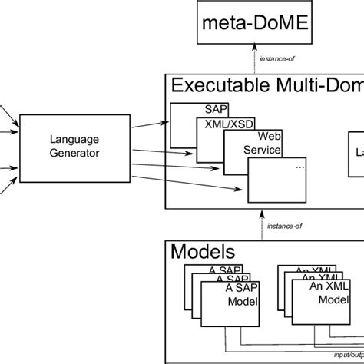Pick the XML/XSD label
click(x=226, y=124)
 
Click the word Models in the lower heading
click(x=203, y=251)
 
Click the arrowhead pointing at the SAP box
click(x=167, y=122)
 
